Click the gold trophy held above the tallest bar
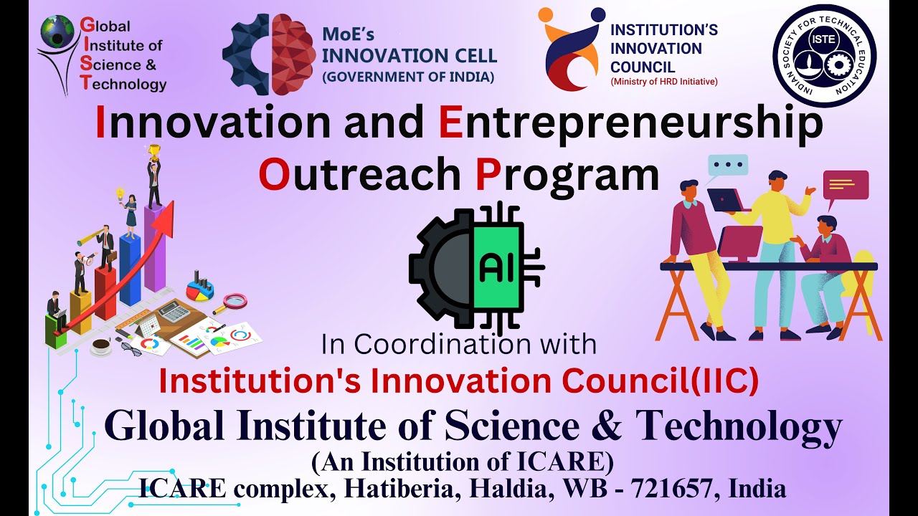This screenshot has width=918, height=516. pos(153,151)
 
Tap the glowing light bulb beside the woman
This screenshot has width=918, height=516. pos(120,193)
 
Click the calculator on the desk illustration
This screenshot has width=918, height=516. pos(170,312)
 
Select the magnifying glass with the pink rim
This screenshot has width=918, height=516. pos(234,302)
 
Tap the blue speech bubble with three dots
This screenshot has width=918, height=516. pos(727,166)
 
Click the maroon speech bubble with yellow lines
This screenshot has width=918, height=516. pos(846,185)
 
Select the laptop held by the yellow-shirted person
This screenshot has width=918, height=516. pos(726,199)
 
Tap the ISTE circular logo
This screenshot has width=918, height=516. pos(824,56)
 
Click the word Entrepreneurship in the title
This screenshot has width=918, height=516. pos(630,122)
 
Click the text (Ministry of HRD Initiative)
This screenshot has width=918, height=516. pos(663,82)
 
